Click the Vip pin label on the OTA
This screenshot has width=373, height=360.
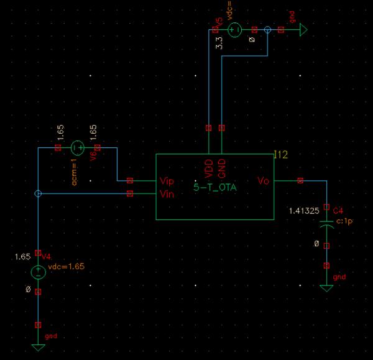(x=167, y=181)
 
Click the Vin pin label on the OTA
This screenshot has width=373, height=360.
(x=167, y=194)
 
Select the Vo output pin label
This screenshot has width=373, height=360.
(x=263, y=181)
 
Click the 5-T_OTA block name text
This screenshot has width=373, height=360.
(x=214, y=187)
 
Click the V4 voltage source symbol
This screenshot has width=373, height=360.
(x=39, y=272)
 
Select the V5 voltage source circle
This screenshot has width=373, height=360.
(x=236, y=29)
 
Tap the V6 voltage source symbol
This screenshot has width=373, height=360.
(x=77, y=148)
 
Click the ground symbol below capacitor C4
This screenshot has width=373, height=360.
(x=327, y=288)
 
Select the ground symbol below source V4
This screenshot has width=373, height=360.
(x=39, y=347)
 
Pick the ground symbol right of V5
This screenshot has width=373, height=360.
(x=304, y=29)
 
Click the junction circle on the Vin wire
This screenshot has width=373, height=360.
(x=39, y=194)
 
